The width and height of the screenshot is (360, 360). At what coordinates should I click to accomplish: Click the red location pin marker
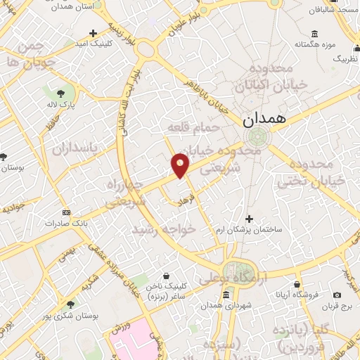click(181, 165)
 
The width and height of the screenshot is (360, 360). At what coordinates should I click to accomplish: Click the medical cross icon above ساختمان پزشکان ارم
click(247, 219)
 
